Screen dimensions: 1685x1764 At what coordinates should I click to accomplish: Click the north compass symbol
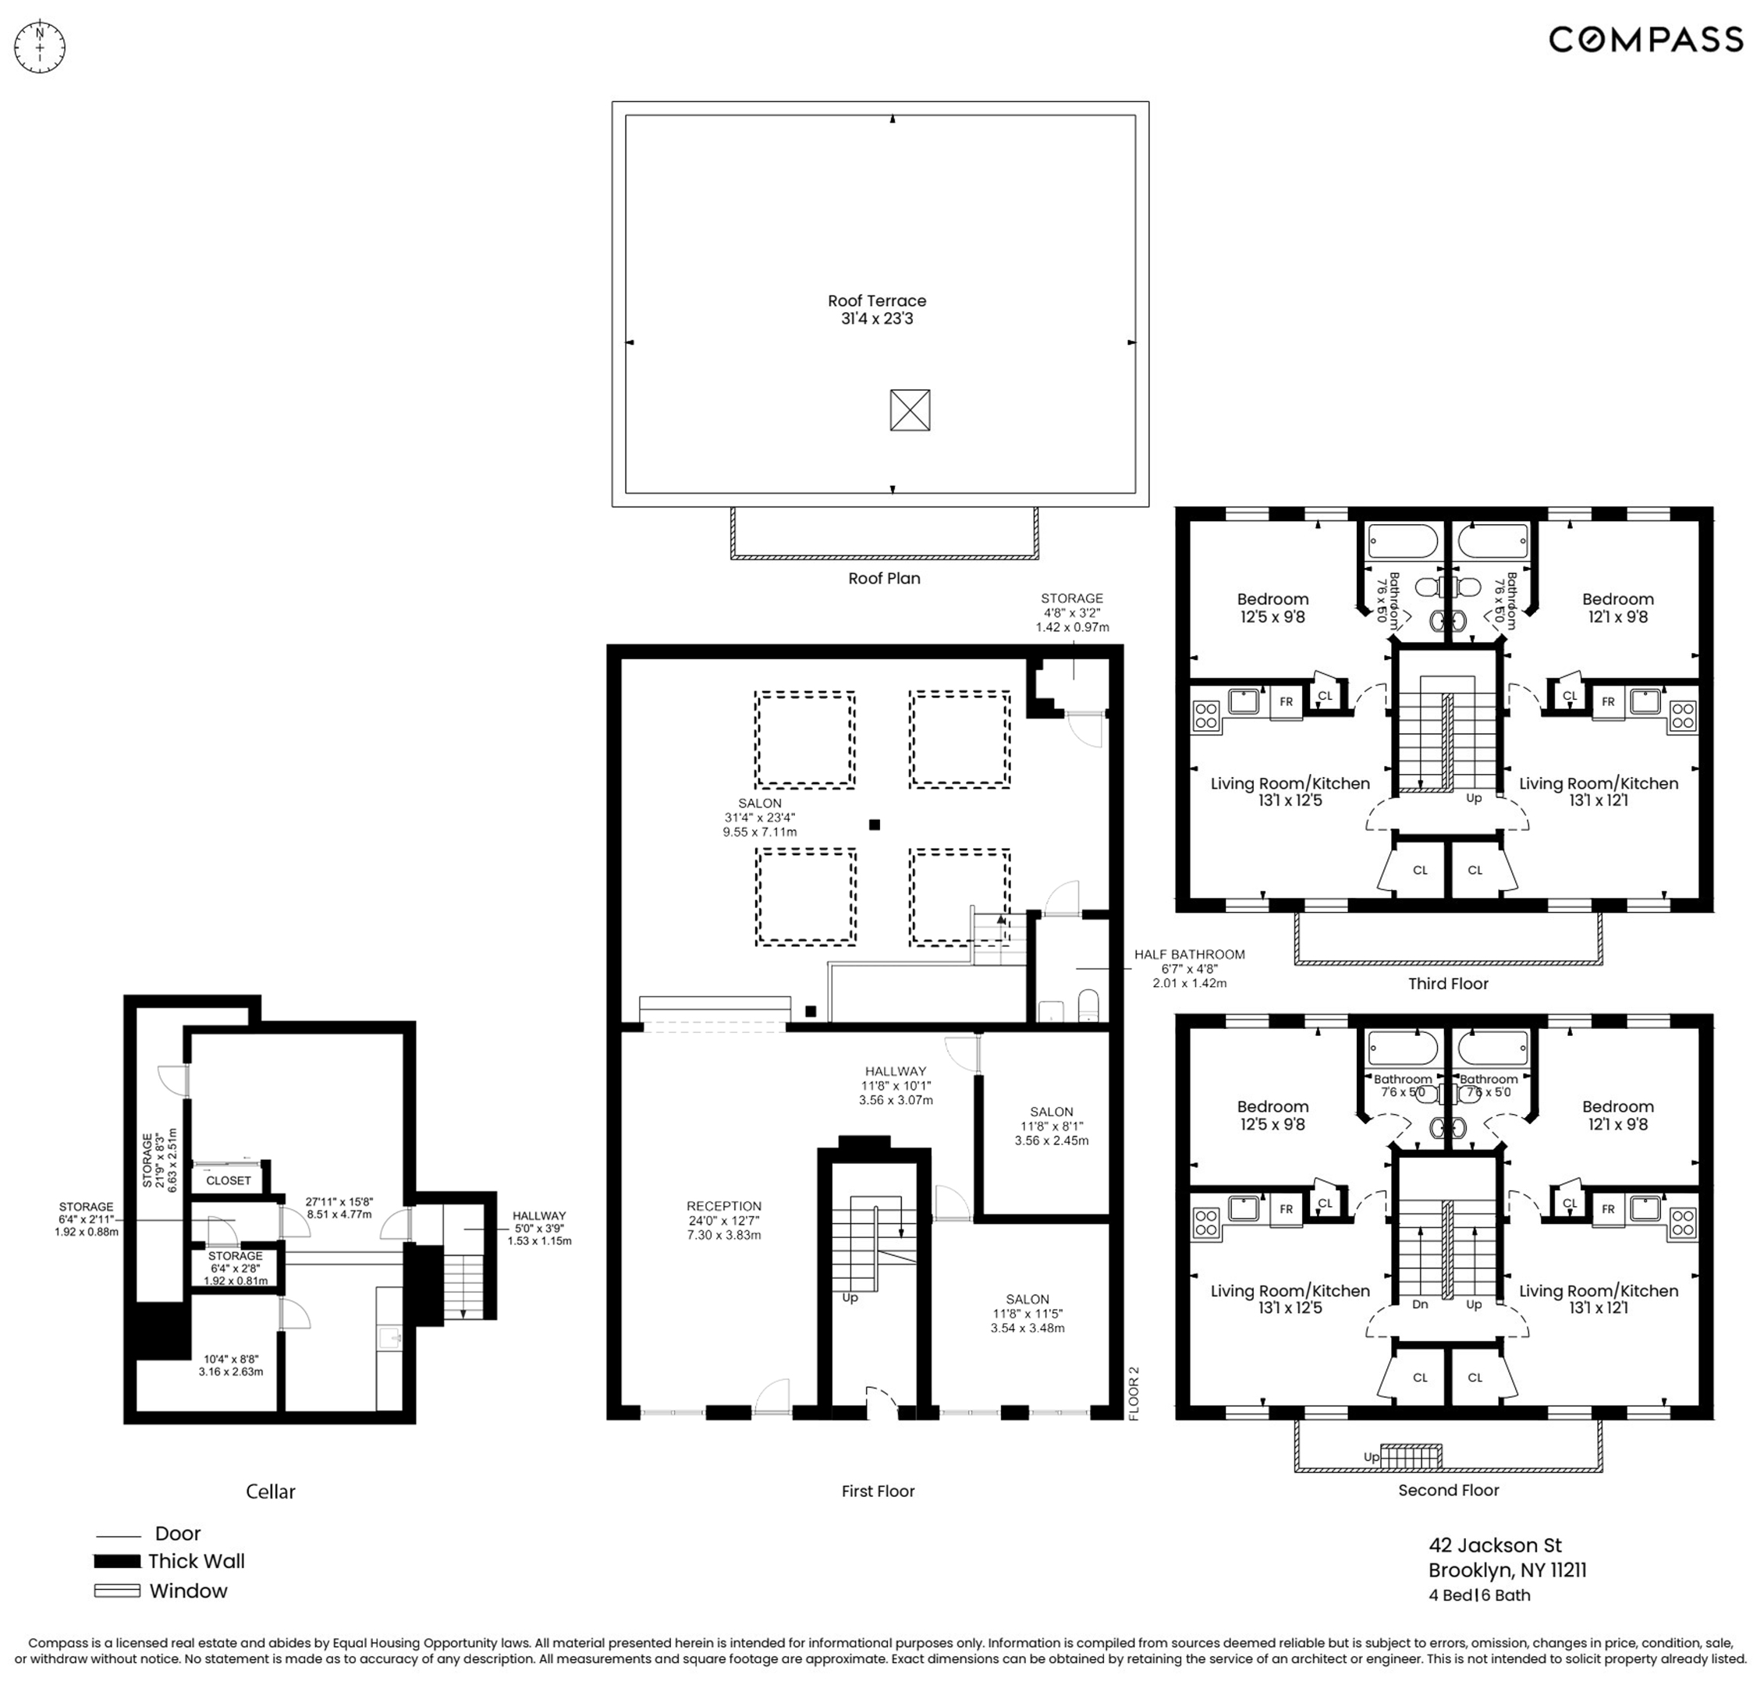click(x=41, y=48)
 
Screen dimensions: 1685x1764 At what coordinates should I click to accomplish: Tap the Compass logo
click(x=1645, y=40)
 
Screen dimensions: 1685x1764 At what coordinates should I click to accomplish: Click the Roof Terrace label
click(x=877, y=310)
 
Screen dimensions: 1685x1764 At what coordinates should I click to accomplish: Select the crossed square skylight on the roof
click(x=909, y=410)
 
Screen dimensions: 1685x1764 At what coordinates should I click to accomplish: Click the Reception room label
click(x=724, y=1220)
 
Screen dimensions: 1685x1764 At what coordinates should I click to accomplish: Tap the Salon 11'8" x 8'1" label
click(x=1051, y=1126)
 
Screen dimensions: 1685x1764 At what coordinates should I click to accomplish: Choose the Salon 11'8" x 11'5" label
click(x=1027, y=1313)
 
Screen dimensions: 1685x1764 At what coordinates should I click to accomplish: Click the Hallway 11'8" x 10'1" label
click(x=895, y=1085)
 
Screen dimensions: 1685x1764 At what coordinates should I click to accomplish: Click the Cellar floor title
click(x=271, y=1491)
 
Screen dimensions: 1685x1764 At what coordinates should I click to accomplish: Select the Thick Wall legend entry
click(x=196, y=1561)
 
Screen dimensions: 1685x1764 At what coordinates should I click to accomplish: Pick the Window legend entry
click(x=188, y=1591)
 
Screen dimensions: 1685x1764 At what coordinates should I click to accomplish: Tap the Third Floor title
click(x=1448, y=984)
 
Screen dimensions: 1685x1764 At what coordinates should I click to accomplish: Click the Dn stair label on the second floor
click(x=1420, y=1304)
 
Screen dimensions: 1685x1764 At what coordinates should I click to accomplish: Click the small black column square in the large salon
click(x=874, y=825)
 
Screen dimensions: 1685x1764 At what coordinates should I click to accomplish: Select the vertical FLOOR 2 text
click(x=1134, y=1393)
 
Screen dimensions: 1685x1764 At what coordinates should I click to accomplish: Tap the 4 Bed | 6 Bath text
click(x=1479, y=1595)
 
